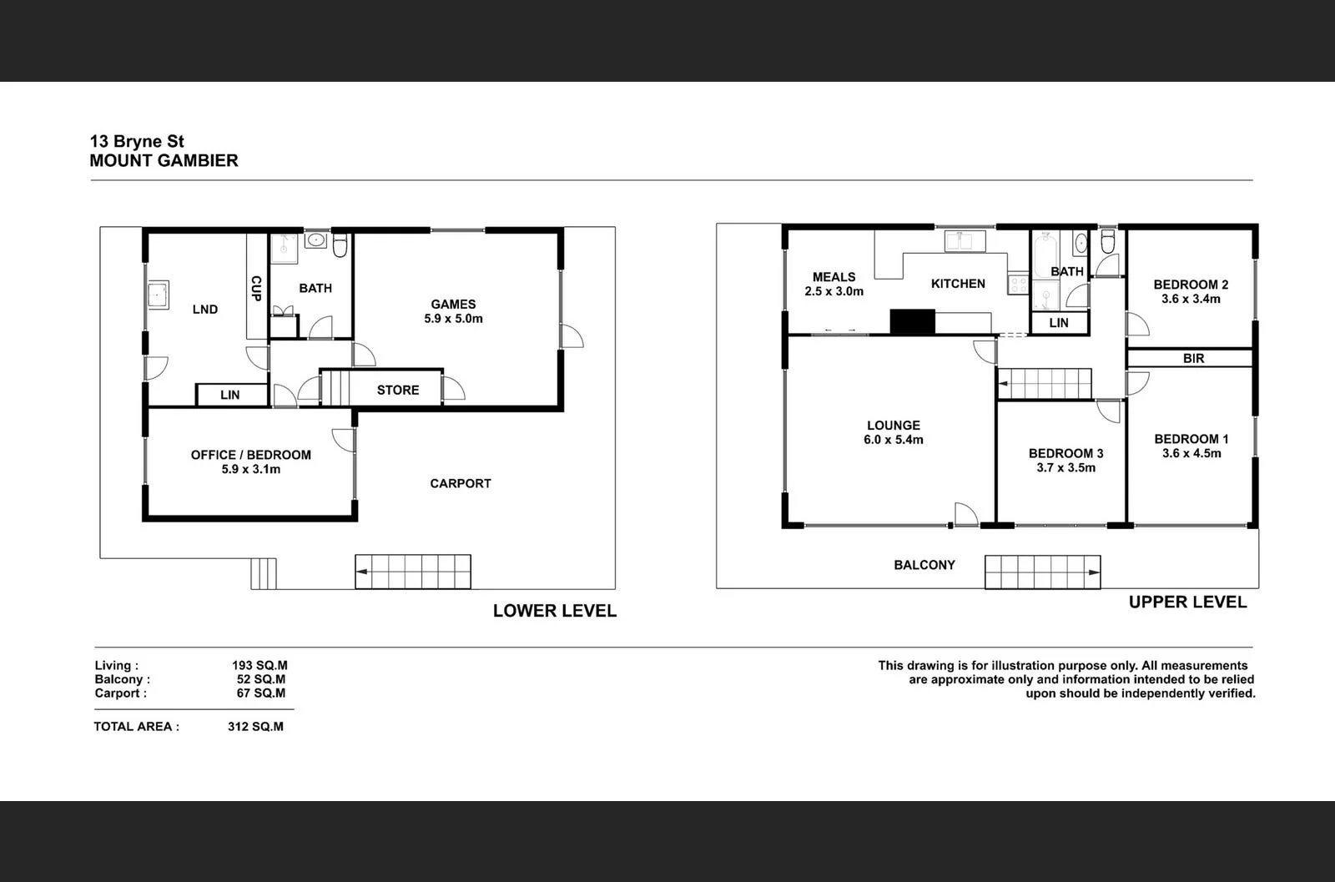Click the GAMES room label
[453, 305]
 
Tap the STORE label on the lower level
[398, 390]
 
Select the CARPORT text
[461, 483]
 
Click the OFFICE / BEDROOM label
[251, 455]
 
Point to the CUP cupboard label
[256, 288]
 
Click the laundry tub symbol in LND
[158, 295]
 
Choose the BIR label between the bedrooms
[1193, 358]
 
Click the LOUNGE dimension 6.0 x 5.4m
[894, 440]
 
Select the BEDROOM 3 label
[1065, 453]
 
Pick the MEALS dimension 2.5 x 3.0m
[834, 291]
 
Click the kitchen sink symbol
[965, 241]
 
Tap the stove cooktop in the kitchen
[1018, 285]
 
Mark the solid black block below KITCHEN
[912, 321]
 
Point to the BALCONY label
[924, 565]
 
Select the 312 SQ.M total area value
[255, 726]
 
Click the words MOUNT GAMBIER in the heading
[164, 160]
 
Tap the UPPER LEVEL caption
[1187, 602]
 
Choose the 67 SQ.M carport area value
[260, 693]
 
